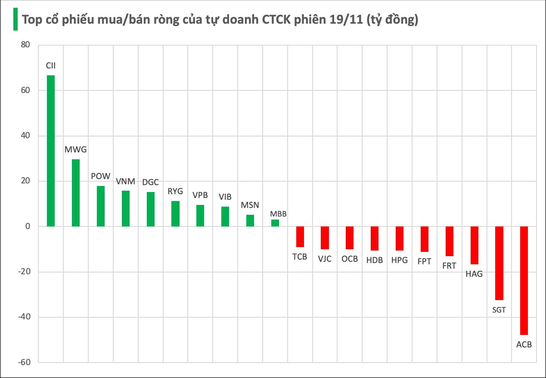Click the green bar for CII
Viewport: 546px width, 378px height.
(x=51, y=151)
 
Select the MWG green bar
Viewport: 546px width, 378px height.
(x=76, y=193)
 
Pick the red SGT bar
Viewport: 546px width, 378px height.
(x=499, y=263)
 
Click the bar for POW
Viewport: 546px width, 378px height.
(x=101, y=206)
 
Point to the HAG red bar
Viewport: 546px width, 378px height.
(x=474, y=245)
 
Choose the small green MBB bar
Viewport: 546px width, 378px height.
(x=275, y=223)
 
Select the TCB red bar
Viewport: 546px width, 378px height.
(x=300, y=237)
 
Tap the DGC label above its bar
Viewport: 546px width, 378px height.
(x=151, y=182)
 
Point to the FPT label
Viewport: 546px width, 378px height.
(x=424, y=261)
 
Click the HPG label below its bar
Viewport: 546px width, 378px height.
(x=399, y=260)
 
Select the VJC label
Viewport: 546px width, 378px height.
(x=325, y=259)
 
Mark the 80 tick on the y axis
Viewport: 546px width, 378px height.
(x=26, y=45)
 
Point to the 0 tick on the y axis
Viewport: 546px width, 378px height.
(x=28, y=226)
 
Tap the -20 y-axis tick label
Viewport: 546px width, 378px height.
(x=25, y=272)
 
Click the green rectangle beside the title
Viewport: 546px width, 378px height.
(x=15, y=19)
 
